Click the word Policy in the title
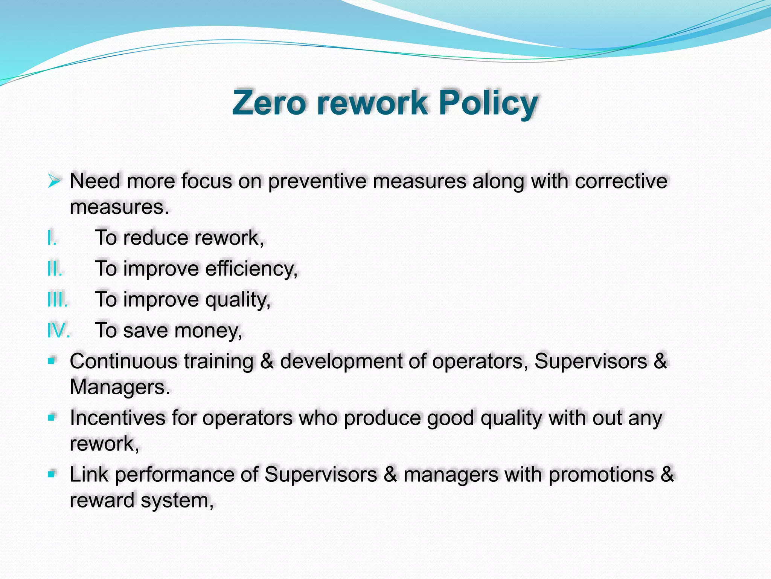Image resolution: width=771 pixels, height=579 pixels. (x=488, y=103)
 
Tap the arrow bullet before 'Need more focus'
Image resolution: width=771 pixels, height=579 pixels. (x=54, y=181)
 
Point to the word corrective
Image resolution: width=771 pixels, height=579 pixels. (x=621, y=181)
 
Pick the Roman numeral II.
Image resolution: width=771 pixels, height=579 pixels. (x=55, y=269)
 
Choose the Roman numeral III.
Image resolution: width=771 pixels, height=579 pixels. (x=58, y=300)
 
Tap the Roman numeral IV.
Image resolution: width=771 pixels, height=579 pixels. (x=59, y=331)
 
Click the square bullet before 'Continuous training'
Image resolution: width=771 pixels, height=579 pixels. (x=52, y=361)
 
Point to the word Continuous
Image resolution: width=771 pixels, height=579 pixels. (x=123, y=361)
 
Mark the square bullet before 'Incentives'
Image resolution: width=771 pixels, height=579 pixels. (x=52, y=417)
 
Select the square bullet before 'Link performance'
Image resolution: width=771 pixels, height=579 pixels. (x=52, y=474)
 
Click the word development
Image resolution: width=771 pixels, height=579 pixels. (x=341, y=362)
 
